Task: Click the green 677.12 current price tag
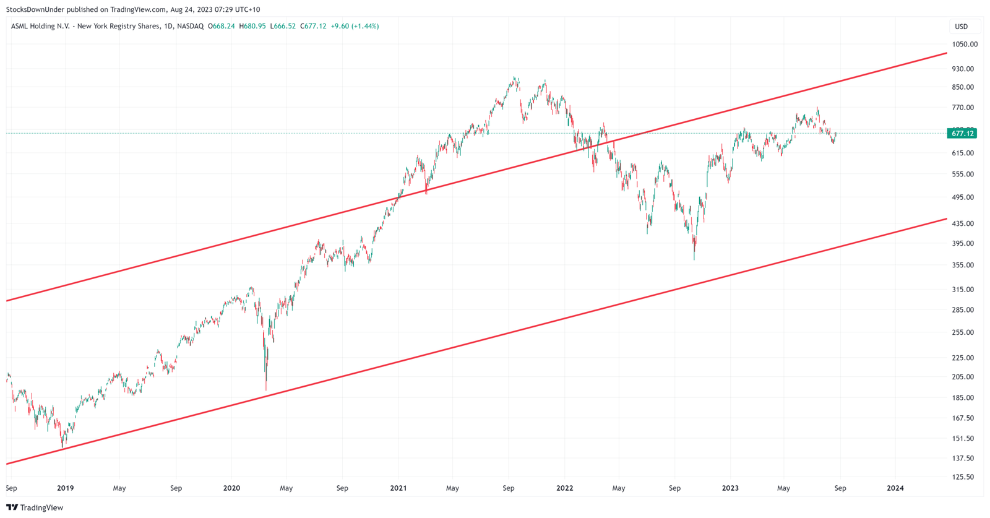point(962,134)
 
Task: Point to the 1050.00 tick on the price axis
point(965,45)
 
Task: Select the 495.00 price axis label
point(963,197)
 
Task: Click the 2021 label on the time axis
point(398,488)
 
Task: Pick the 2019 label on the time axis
point(65,488)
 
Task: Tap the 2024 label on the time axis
point(895,488)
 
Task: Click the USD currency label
point(961,27)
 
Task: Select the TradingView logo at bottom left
point(35,507)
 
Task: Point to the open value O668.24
point(221,27)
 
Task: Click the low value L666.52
point(283,27)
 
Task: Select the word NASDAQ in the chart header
point(190,27)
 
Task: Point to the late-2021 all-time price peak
point(515,78)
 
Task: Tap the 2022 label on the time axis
point(564,488)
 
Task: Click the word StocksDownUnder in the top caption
point(35,9)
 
